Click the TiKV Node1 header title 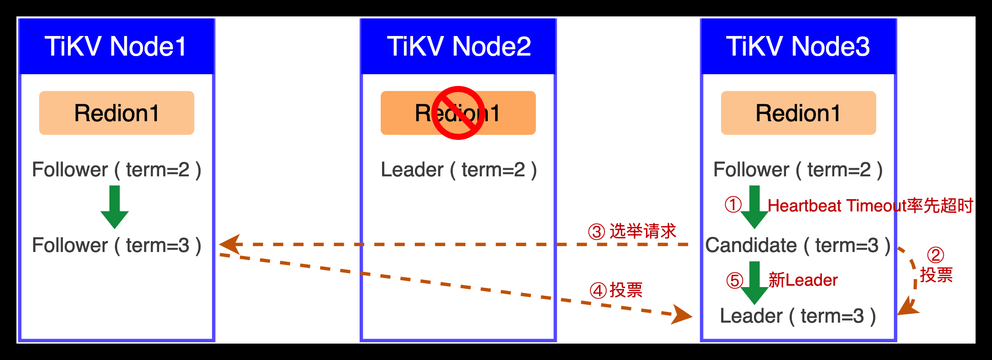116,46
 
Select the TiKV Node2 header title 459,46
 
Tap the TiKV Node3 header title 798,46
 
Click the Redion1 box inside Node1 117,113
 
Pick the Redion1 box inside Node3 798,113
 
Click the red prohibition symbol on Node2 458,113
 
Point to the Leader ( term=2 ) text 459,170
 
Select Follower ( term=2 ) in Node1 117,170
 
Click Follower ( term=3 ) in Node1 117,246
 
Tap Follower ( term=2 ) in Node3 798,170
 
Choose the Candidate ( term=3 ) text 798,246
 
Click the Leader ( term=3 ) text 798,316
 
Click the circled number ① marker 733,205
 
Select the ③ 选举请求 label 632,231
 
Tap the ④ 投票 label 616,290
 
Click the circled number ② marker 935,255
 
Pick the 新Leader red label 803,280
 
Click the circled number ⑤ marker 734,280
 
